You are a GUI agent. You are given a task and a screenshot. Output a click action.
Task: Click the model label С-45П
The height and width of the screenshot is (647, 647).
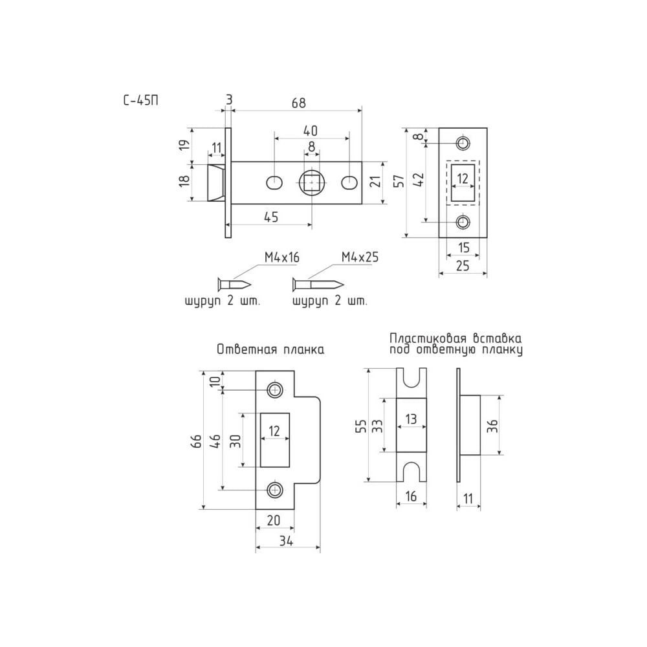tap(140, 101)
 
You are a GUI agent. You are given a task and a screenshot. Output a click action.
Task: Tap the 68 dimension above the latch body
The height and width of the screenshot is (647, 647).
tap(299, 103)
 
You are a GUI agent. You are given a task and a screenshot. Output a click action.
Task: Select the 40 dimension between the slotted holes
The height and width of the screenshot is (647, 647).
tap(311, 131)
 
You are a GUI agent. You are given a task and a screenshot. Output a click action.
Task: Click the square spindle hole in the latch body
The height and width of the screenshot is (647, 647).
tap(312, 182)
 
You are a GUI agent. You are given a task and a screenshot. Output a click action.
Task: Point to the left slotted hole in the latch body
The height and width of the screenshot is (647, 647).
tap(274, 182)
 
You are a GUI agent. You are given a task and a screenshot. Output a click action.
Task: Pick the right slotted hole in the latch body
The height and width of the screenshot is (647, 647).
tap(349, 182)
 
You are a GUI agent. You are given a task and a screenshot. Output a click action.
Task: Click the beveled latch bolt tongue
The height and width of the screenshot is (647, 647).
tap(216, 182)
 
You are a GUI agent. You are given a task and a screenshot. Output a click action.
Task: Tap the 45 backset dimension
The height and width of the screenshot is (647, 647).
tap(271, 217)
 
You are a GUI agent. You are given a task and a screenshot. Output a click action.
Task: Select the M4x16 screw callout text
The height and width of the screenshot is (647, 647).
tap(282, 258)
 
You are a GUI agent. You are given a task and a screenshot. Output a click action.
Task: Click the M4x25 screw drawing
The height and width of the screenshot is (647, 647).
tap(318, 284)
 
